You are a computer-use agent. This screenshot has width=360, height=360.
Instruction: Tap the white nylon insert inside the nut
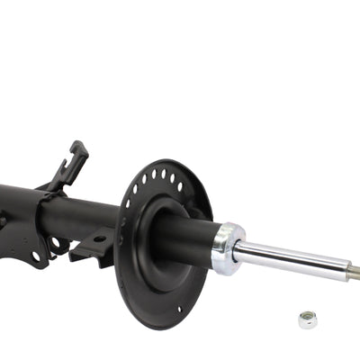[308, 317]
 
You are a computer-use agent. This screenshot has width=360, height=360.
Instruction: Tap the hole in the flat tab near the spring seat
[98, 239]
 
